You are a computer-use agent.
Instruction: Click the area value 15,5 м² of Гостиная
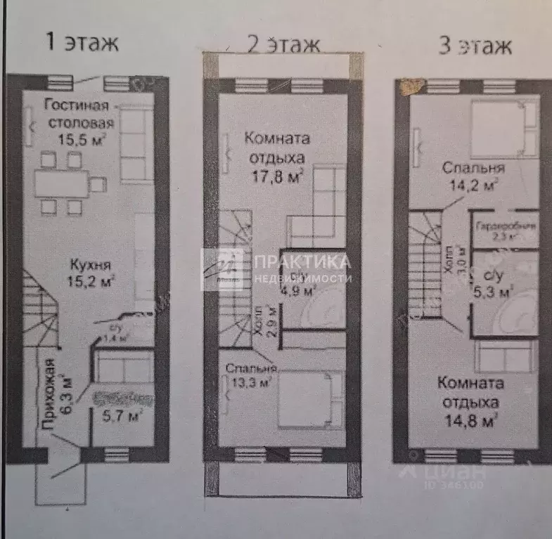(83, 137)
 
